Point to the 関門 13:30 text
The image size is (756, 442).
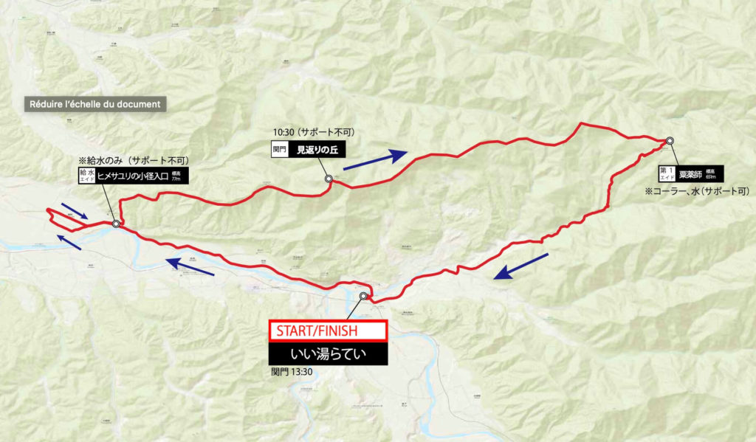(292, 371)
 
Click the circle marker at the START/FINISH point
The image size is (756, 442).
(363, 296)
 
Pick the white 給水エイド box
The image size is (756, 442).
(87, 176)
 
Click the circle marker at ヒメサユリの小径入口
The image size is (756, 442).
(116, 224)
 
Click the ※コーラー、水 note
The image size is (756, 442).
(695, 192)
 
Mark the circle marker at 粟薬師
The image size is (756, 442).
(670, 140)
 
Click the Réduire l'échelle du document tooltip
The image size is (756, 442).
(95, 104)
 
